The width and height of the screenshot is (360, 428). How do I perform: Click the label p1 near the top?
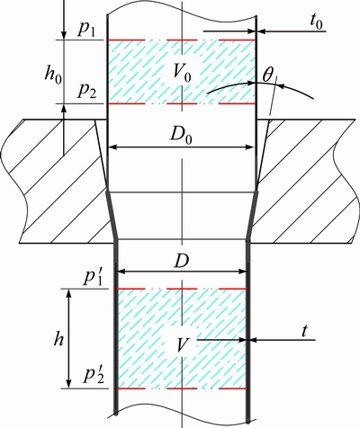pyautogui.click(x=86, y=30)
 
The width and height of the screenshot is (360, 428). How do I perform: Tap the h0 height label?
pyautogui.click(x=53, y=74)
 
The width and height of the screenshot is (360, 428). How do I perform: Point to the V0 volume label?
pyautogui.click(x=182, y=75)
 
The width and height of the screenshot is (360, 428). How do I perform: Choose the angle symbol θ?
pyautogui.click(x=267, y=76)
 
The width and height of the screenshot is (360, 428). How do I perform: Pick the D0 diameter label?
pyautogui.click(x=181, y=137)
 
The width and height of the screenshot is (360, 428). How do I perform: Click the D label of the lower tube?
pyautogui.click(x=182, y=262)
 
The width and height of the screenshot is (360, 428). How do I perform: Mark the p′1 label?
pyautogui.click(x=93, y=278)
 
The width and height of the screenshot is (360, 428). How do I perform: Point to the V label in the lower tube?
pyautogui.click(x=182, y=345)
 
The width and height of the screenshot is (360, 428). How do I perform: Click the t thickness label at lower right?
pyautogui.click(x=305, y=332)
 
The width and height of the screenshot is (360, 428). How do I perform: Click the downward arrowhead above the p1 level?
pyautogui.click(x=64, y=34)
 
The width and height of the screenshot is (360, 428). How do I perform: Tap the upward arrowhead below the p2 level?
pyautogui.click(x=64, y=109)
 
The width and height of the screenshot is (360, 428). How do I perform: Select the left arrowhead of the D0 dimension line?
pyautogui.click(x=112, y=147)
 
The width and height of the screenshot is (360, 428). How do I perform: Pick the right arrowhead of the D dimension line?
pyautogui.click(x=242, y=272)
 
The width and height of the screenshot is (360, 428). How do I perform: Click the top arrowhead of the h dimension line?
pyautogui.click(x=69, y=294)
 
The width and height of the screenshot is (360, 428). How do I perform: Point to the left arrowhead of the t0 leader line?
pyautogui.click(x=263, y=31)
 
